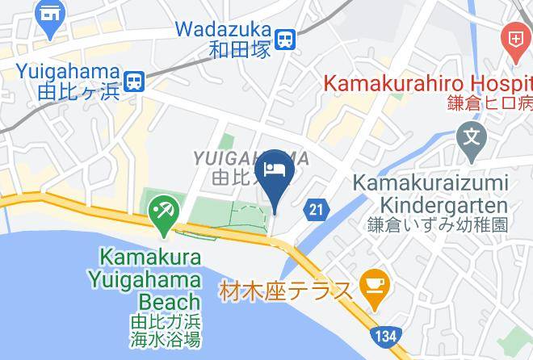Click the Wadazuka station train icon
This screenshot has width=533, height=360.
[284, 39]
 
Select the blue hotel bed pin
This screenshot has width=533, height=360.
[274, 171]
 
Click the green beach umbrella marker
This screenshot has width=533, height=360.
[163, 211]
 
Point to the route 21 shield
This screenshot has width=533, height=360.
[317, 210]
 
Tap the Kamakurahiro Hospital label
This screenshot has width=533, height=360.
[427, 82]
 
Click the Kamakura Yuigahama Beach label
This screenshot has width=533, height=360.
[153, 279]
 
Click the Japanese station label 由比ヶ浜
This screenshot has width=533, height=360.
[78, 92]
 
